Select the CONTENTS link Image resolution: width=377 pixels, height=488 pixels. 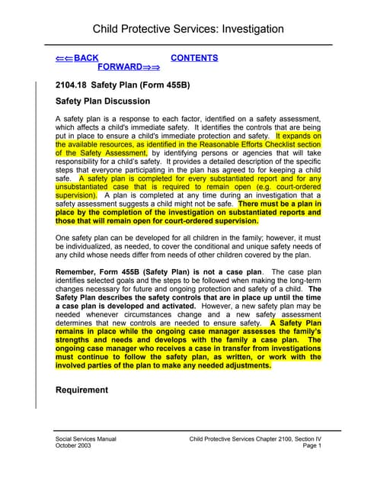click(x=194, y=58)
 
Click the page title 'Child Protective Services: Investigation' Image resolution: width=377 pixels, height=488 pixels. click(x=187, y=30)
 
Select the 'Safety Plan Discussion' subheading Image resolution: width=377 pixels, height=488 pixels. click(x=103, y=101)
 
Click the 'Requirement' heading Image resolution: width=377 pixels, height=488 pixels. click(x=82, y=390)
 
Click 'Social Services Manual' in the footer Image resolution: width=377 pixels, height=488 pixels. click(x=86, y=441)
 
